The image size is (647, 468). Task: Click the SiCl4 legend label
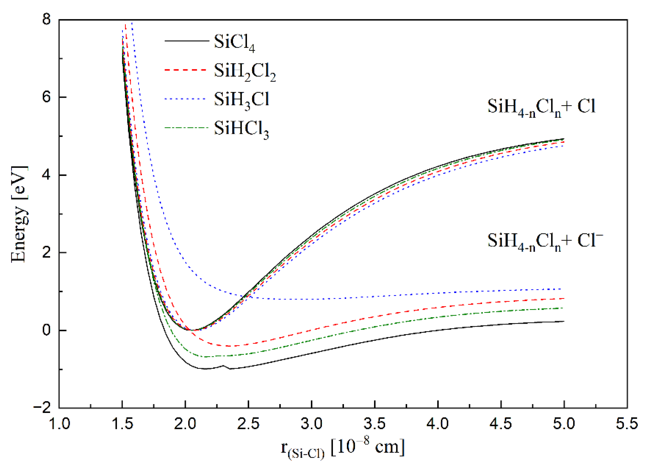click(234, 43)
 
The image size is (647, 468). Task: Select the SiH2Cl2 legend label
click(245, 72)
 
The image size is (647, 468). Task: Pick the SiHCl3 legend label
click(241, 129)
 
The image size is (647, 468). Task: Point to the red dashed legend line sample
click(185, 70)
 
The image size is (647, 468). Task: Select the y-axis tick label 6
click(46, 97)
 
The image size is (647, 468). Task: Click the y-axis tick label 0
click(46, 330)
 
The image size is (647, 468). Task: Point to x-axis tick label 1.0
click(59, 423)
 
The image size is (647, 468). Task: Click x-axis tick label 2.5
click(248, 423)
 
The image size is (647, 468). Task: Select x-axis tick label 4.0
click(438, 423)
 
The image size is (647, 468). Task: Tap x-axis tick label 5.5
click(627, 423)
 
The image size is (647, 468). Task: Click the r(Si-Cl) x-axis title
click(343, 447)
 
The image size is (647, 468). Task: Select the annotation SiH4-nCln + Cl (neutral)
click(541, 108)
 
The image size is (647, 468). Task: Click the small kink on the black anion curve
click(224, 365)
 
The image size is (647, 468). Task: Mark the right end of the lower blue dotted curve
click(563, 289)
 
